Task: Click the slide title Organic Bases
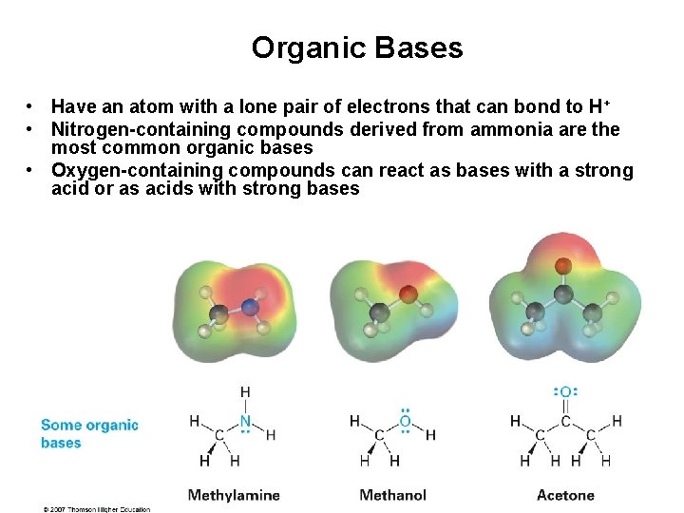tap(357, 48)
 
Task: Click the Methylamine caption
tap(234, 495)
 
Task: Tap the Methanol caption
tap(392, 495)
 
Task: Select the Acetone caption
tap(565, 495)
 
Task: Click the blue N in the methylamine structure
tap(245, 421)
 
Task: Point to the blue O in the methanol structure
tap(406, 421)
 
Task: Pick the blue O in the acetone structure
tap(565, 392)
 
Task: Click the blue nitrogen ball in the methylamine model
tap(250, 307)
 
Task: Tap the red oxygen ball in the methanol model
tap(408, 294)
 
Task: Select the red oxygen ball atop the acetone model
tap(563, 265)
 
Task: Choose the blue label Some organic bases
tap(89, 433)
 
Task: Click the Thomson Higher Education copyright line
tap(96, 509)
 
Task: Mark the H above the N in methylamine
tap(245, 392)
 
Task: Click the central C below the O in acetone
tap(565, 421)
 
